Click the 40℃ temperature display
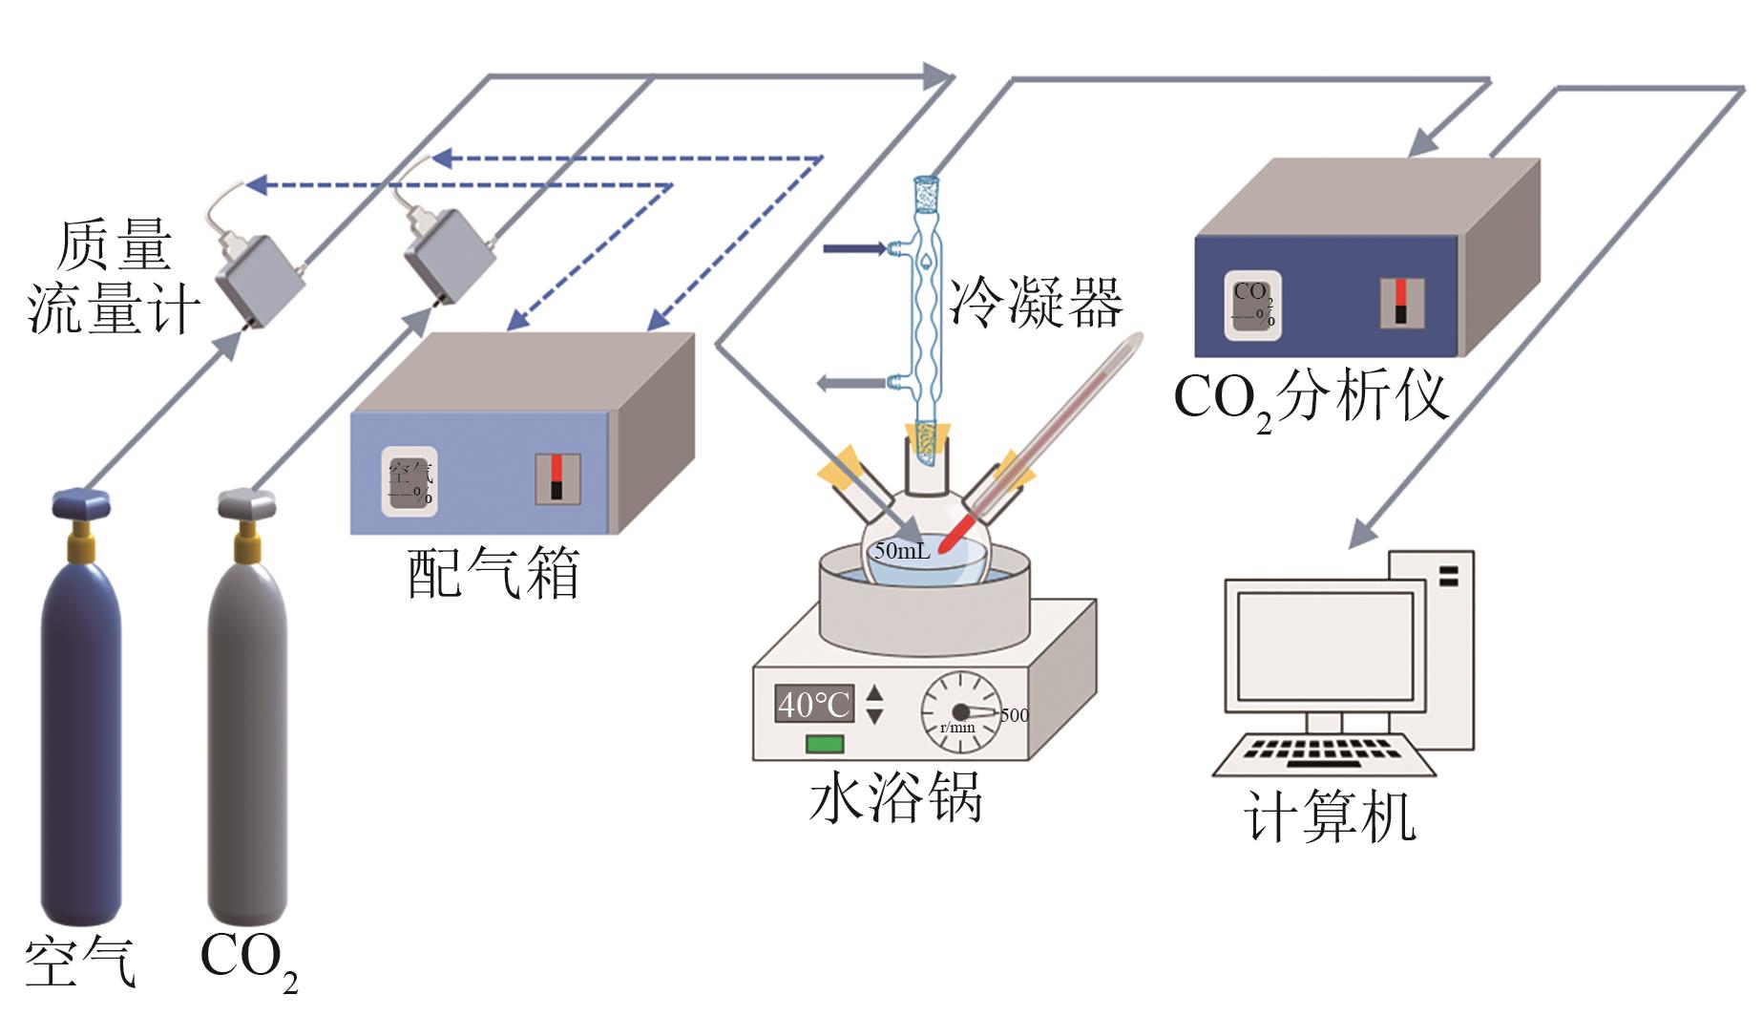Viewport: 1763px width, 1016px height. (813, 704)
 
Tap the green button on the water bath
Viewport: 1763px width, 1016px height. (825, 743)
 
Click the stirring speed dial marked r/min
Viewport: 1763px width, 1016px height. (960, 712)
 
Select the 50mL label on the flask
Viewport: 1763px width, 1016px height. (901, 551)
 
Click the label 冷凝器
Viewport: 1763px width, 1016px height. (1037, 304)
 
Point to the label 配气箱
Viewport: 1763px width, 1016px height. (493, 574)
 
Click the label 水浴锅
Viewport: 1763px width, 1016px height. (895, 797)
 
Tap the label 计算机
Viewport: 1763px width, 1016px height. (1330, 817)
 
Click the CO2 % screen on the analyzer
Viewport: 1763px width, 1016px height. (1252, 306)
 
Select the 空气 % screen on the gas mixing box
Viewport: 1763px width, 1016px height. (409, 481)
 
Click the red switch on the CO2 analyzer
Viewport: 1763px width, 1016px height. (1400, 302)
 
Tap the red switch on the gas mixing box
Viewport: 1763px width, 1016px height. (557, 477)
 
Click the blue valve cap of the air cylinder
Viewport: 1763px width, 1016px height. (81, 502)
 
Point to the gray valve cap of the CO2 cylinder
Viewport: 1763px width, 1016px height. (247, 502)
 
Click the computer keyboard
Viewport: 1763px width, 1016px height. (1324, 753)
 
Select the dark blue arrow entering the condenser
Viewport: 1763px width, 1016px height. (854, 249)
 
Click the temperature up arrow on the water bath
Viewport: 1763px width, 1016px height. (874, 693)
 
